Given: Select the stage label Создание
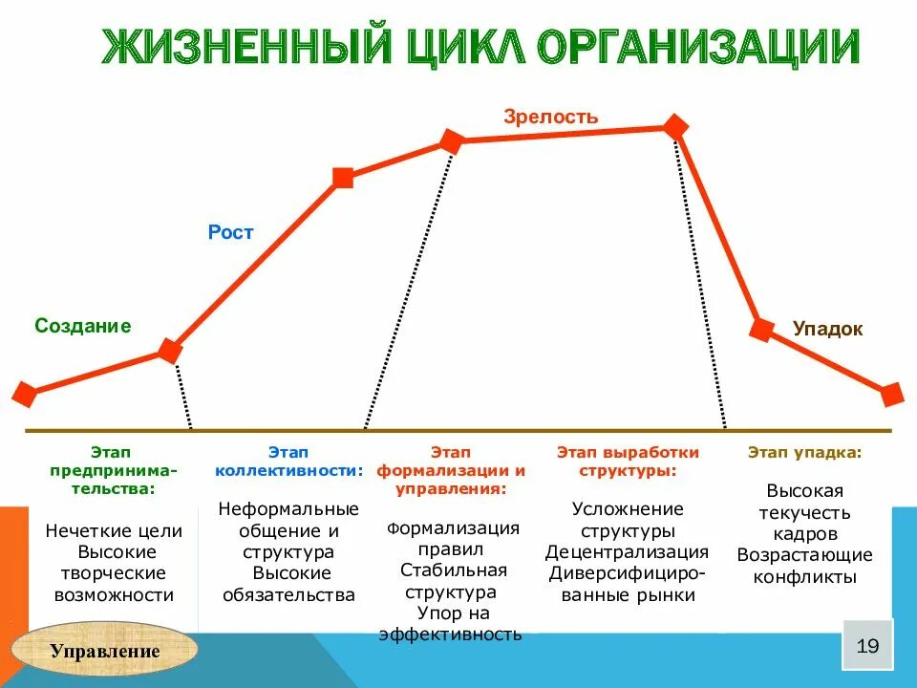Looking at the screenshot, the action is [83, 326].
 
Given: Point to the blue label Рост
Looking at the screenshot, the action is [231, 232].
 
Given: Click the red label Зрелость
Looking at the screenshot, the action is [551, 118].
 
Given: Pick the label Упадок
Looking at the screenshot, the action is [827, 329].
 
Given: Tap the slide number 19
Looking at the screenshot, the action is [867, 645].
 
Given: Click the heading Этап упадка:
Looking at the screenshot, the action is [804, 452].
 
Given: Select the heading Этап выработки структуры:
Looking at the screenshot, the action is [628, 461].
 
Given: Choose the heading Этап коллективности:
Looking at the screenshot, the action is [288, 461].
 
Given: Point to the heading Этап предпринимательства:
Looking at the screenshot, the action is [113, 469].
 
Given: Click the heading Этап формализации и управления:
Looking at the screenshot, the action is [451, 469].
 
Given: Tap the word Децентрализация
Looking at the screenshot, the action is [627, 551].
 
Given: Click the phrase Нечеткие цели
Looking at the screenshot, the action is [114, 531].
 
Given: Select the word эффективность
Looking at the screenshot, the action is [451, 634].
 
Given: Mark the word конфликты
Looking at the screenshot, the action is [804, 576].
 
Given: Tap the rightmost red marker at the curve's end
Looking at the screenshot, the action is [891, 394].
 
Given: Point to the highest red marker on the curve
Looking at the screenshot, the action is [675, 127].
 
